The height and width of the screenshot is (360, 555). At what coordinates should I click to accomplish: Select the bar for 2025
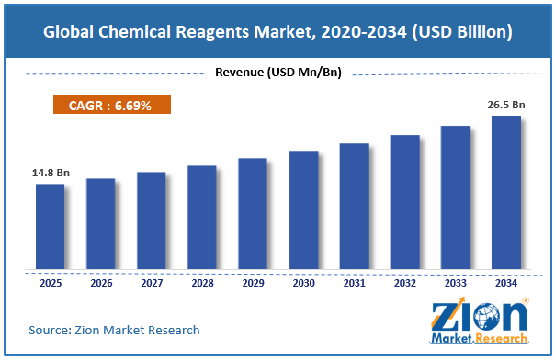(x=51, y=226)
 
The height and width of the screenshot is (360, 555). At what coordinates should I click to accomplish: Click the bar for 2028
(x=202, y=217)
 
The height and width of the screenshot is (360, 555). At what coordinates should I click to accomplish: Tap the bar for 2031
(x=355, y=206)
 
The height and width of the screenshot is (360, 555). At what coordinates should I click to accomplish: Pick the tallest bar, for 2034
(x=506, y=192)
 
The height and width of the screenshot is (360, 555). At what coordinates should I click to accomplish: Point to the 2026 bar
(x=101, y=224)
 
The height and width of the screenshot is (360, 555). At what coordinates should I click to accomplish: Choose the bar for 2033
(x=456, y=197)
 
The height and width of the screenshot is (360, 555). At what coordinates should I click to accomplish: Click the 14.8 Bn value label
(x=51, y=173)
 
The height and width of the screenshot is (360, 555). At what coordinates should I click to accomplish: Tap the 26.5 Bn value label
(x=506, y=105)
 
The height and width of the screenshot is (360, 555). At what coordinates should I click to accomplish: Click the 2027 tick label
(x=152, y=283)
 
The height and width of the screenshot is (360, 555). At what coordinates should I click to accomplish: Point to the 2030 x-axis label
(x=304, y=283)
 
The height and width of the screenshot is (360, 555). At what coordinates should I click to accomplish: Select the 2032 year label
(x=405, y=283)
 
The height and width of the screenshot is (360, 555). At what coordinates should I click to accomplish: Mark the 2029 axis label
(x=253, y=283)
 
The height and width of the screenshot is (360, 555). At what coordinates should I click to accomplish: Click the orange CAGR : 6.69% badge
(x=112, y=105)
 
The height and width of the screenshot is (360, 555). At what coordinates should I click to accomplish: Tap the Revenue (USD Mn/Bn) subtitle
(x=278, y=73)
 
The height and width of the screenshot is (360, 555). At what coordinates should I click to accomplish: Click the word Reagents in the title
(x=212, y=32)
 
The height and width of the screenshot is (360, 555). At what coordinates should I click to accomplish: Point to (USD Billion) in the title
(x=462, y=32)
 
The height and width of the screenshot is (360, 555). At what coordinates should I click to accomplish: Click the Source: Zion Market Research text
(x=114, y=330)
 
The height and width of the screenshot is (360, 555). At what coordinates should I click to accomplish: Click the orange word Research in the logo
(x=502, y=339)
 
